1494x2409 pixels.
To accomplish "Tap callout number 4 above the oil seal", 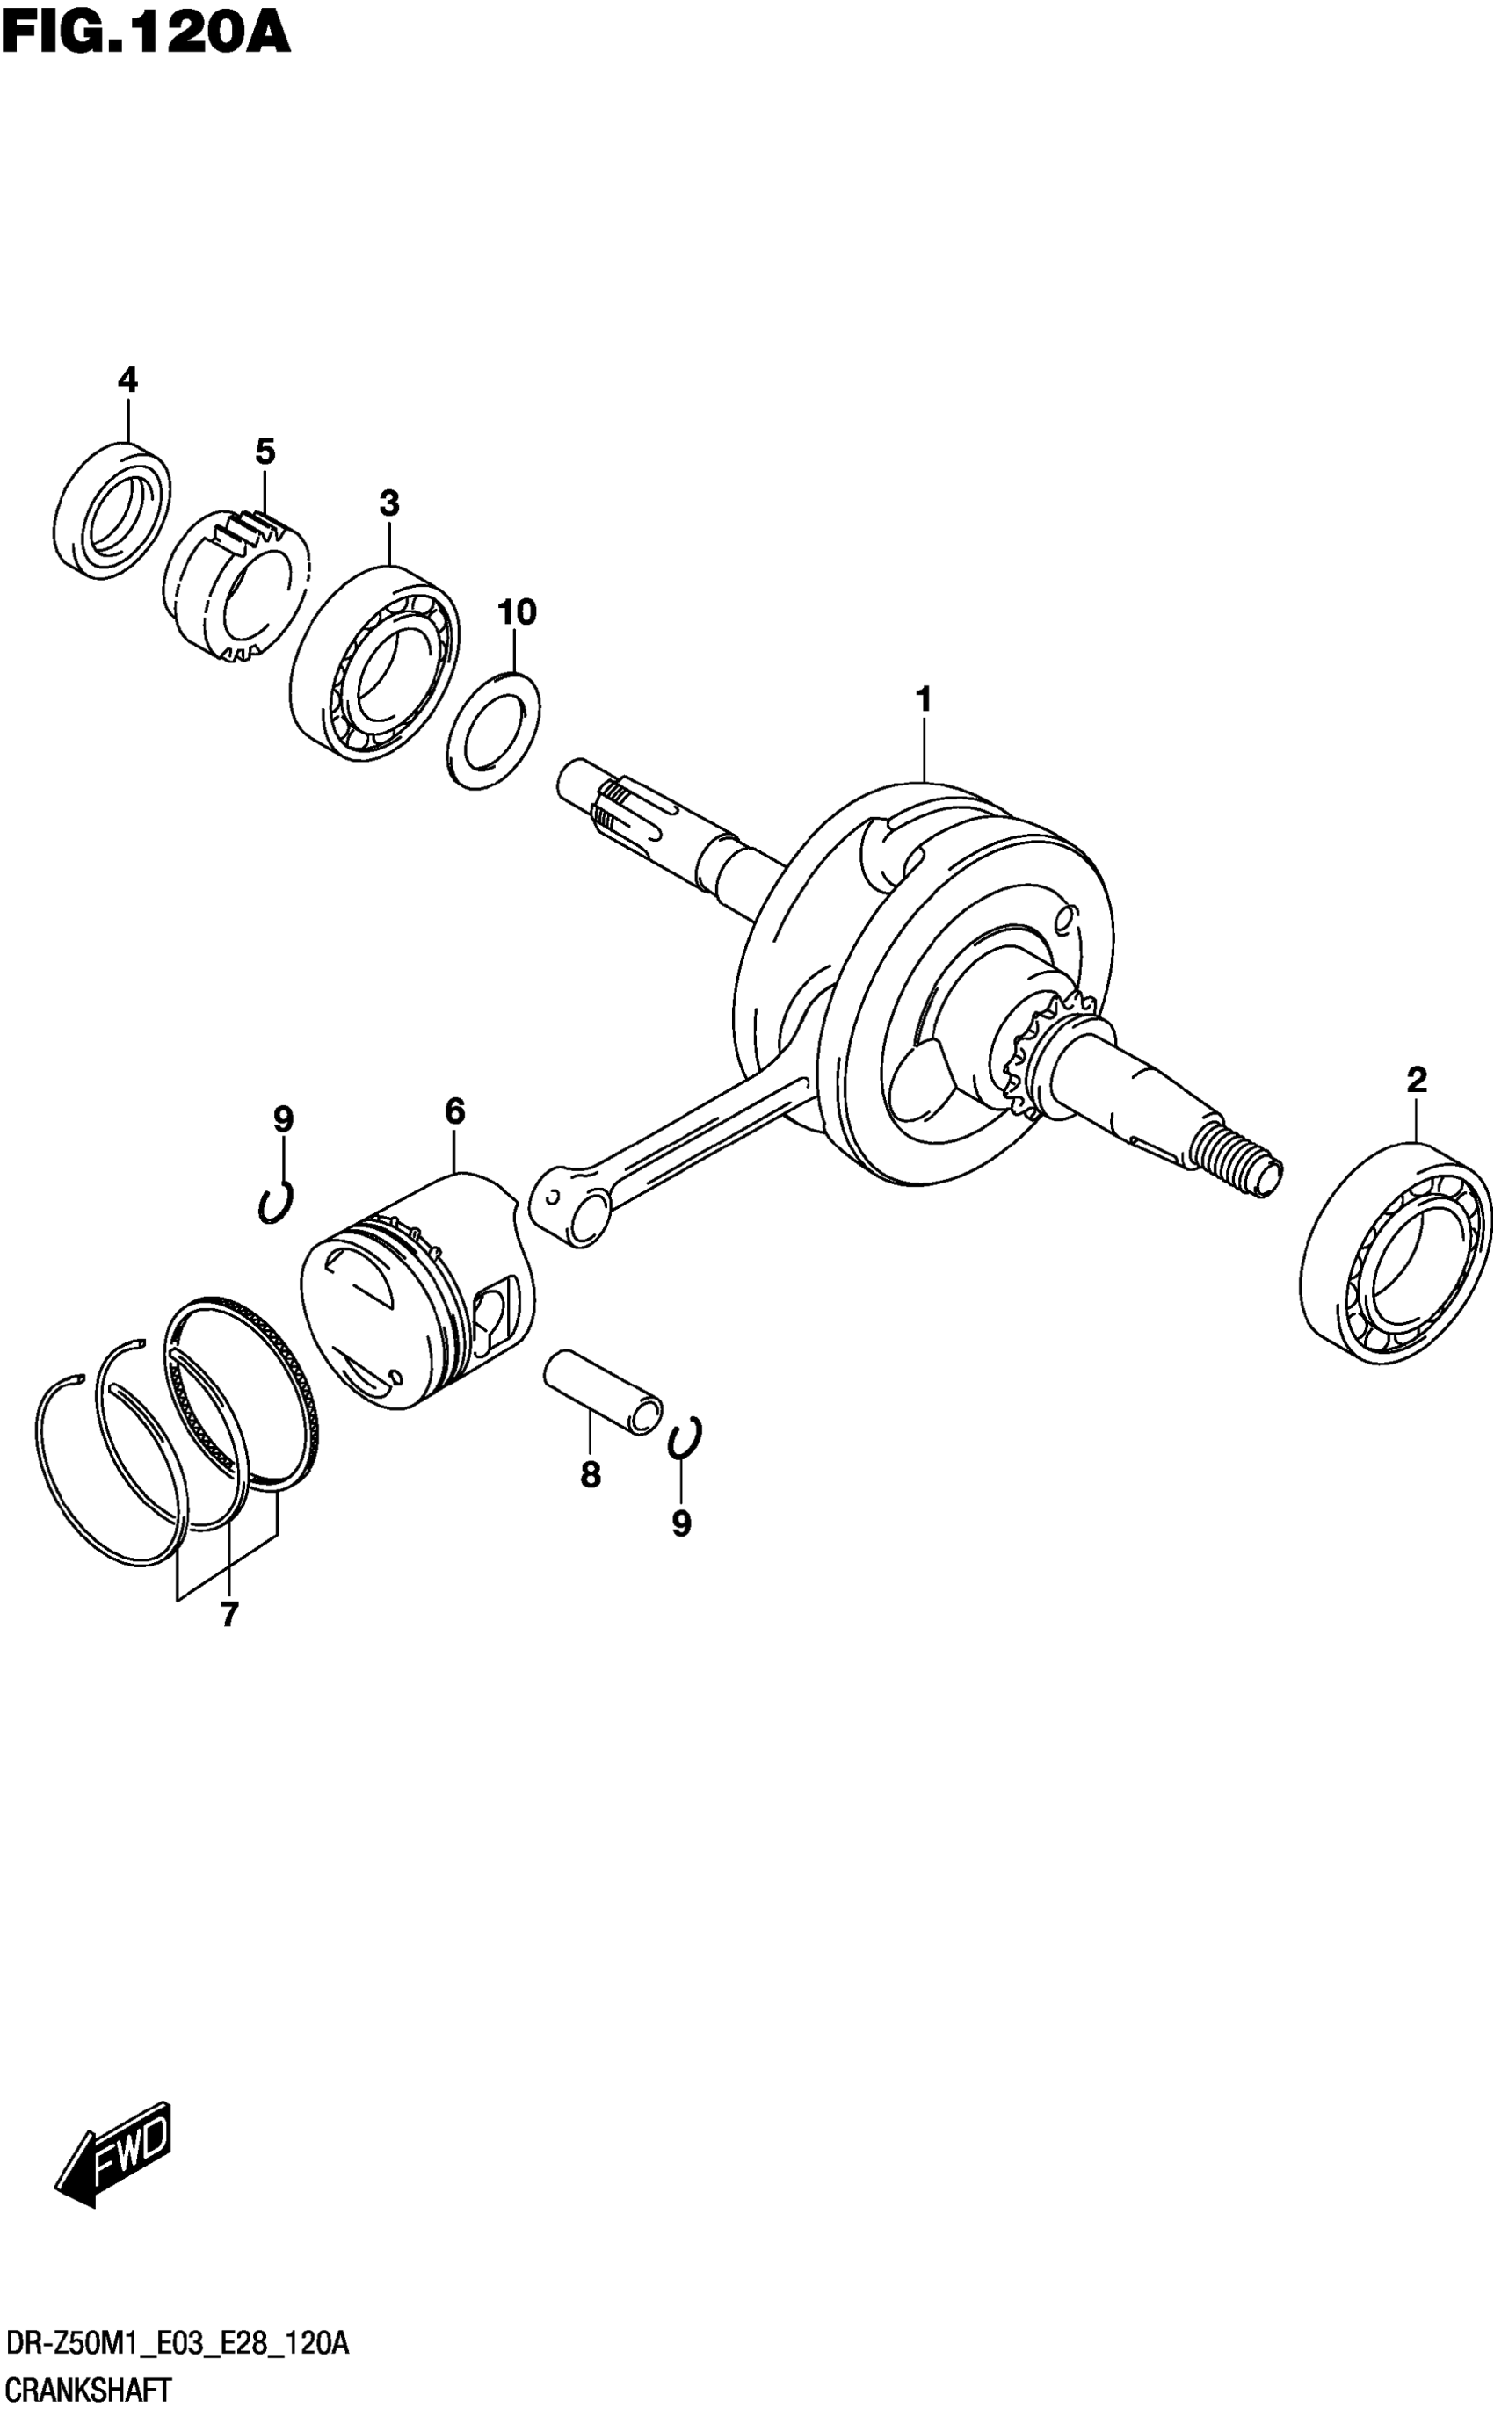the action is (127, 380).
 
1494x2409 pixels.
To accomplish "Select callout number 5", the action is (265, 452).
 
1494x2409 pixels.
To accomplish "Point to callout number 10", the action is (516, 612).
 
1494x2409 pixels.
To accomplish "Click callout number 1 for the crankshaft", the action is (924, 700).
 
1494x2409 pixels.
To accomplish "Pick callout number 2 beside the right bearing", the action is (1417, 1080).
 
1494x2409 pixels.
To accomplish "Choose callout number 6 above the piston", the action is (454, 1111).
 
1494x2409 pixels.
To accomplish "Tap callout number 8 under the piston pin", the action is (590, 1474).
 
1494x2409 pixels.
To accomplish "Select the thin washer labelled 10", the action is (494, 731).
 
